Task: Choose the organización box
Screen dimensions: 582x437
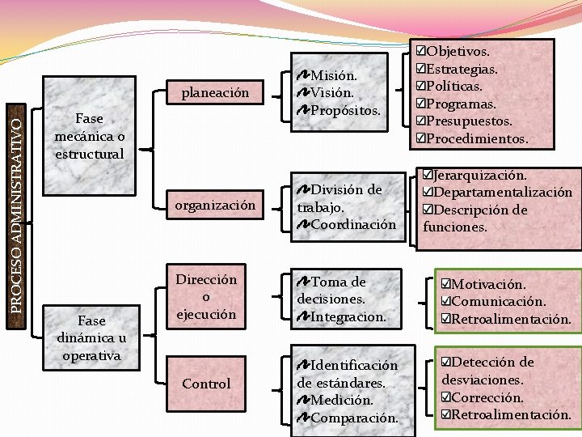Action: (x=214, y=206)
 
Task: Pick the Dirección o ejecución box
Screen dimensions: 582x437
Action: (x=206, y=296)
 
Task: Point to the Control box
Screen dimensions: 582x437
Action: (x=206, y=384)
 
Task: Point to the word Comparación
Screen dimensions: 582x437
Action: (x=354, y=418)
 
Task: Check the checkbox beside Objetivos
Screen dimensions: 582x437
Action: (x=420, y=51)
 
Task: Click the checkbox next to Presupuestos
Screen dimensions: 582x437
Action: (x=420, y=121)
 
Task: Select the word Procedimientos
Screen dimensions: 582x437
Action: (x=477, y=139)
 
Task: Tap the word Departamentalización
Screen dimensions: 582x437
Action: (x=503, y=193)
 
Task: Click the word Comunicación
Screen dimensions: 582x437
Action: (x=499, y=302)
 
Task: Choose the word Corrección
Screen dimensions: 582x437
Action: (x=488, y=397)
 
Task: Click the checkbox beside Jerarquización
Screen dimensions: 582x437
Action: (x=428, y=175)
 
